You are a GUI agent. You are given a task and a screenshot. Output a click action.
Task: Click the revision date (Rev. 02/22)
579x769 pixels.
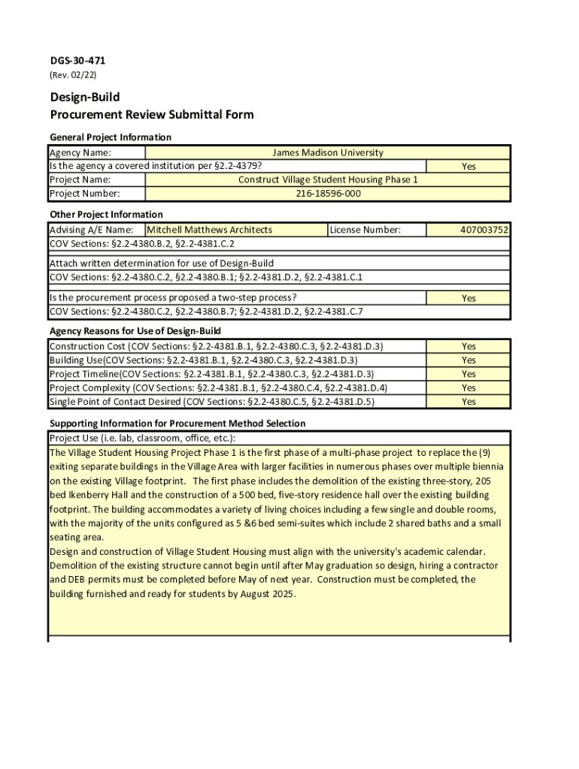[x=73, y=75]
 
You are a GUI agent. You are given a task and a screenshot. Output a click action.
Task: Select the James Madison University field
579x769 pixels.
[x=327, y=152]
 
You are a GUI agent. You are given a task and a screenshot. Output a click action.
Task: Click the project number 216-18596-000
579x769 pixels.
[x=327, y=194]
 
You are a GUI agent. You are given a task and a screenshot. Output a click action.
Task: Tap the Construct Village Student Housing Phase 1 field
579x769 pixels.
[x=327, y=180]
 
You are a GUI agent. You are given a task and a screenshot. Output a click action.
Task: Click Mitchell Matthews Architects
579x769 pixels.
[x=209, y=230]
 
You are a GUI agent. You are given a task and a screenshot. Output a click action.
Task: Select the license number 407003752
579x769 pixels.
[x=484, y=230]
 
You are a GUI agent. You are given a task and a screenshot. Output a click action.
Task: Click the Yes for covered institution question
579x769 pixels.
[x=468, y=167]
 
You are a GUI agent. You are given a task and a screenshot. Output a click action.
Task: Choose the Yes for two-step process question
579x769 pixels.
[x=468, y=298]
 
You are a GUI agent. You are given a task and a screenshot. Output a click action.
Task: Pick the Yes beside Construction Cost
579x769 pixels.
[x=468, y=347]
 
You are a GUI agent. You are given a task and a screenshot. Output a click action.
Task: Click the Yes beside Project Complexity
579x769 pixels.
[x=468, y=388]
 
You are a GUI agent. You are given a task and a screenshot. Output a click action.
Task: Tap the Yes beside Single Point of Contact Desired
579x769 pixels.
[x=468, y=402]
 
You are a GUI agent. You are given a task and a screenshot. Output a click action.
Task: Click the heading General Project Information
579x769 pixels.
[x=111, y=137]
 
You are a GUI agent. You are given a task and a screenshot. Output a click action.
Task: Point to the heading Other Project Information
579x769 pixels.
[x=106, y=215]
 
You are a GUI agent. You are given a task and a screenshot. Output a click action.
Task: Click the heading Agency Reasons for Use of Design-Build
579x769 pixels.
[x=135, y=331]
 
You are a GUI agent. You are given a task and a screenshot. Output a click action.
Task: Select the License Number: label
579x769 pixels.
[x=365, y=230]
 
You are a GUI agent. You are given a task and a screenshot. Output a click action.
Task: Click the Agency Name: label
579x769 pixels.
[x=80, y=152]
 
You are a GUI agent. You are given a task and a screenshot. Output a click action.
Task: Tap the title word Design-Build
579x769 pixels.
[x=85, y=98]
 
